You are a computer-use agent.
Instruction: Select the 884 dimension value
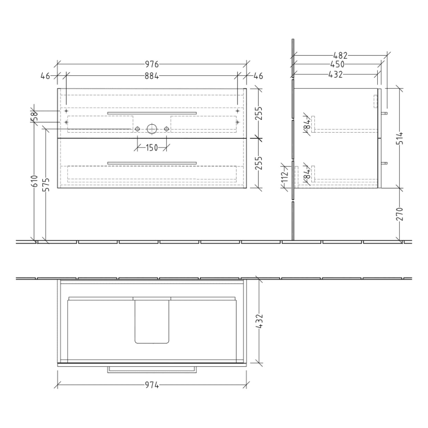coord(152,76)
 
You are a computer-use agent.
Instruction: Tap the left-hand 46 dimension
coord(45,76)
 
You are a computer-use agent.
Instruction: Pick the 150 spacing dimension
coord(151,147)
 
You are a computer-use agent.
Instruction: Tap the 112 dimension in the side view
coord(284,177)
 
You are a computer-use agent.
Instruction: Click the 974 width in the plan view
coord(152,385)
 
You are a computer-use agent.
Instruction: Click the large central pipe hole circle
coord(151,129)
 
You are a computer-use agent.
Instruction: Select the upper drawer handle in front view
coord(152,113)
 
